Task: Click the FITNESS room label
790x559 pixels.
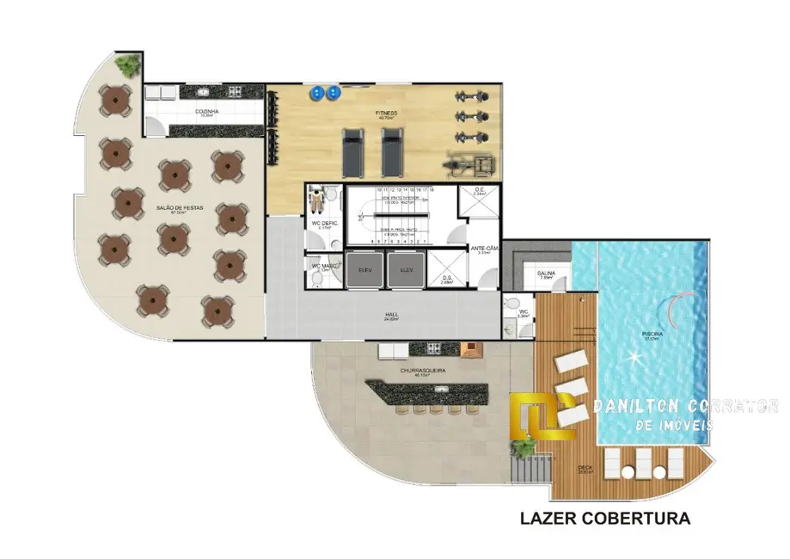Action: [385, 113]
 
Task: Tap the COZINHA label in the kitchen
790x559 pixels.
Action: [204, 111]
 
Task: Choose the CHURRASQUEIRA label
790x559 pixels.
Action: [421, 372]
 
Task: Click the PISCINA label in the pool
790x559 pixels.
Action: [652, 334]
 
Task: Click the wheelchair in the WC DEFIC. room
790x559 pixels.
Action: [317, 199]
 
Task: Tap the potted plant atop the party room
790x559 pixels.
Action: [129, 64]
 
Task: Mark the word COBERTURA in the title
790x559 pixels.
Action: [643, 519]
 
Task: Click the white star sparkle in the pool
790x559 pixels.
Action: [635, 357]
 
